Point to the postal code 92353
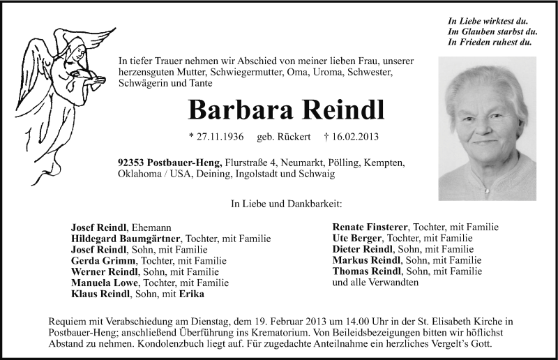(x=133, y=163)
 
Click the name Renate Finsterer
(x=372, y=227)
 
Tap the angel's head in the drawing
(x=76, y=51)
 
